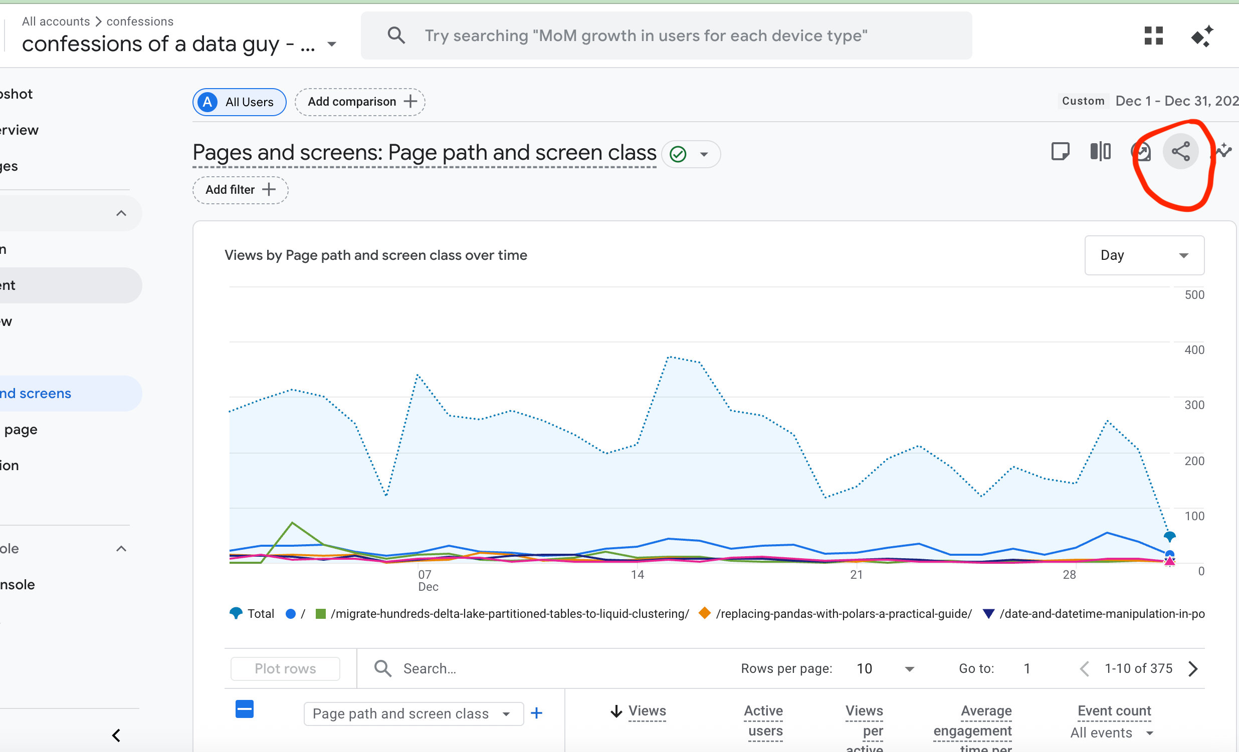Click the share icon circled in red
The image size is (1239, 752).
tap(1180, 152)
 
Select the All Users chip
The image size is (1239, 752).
tap(240, 102)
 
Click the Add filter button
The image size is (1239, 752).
tap(241, 190)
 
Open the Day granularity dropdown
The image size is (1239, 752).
tap(1144, 255)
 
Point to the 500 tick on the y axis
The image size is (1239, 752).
tap(1194, 295)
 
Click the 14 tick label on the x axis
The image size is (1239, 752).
tap(637, 575)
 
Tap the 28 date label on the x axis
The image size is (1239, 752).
tap(1069, 575)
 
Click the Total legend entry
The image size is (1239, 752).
tap(253, 613)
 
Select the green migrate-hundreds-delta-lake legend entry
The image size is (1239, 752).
tap(503, 613)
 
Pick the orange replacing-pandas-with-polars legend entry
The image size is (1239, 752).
tap(836, 613)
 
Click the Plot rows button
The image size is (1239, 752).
tap(285, 668)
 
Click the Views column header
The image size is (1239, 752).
tap(647, 711)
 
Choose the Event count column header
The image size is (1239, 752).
tap(1114, 711)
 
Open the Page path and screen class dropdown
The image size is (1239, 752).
tap(412, 714)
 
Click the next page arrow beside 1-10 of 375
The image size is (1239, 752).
tap(1193, 668)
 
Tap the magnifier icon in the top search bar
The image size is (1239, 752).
tap(396, 36)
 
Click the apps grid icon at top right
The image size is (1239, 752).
tap(1153, 36)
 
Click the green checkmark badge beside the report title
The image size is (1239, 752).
tap(678, 154)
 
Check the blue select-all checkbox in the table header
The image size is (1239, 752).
tap(245, 709)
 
